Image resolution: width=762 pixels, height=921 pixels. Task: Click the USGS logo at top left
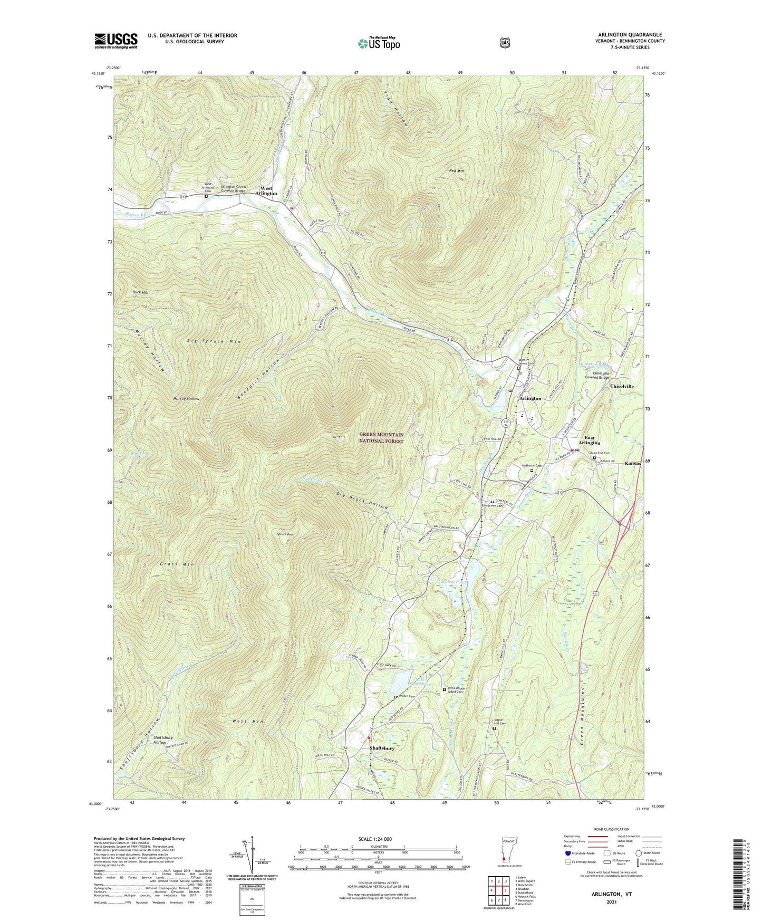point(116,41)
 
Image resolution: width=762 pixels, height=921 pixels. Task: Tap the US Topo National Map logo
point(378,43)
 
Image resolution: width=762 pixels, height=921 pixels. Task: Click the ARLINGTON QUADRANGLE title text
point(630,35)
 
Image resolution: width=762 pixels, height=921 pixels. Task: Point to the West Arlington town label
point(266,191)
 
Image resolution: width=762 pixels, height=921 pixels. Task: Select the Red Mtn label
point(457,171)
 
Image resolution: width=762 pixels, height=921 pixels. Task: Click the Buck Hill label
point(140,292)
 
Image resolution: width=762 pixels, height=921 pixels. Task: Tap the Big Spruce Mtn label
point(214,342)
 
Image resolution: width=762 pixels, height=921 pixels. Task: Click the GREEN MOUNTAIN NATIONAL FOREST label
point(381,438)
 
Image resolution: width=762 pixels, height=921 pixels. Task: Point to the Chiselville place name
point(622,386)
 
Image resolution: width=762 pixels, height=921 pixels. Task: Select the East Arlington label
point(589,440)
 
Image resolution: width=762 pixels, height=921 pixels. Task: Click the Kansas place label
point(633,463)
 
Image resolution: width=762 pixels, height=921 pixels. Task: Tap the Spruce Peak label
point(285,534)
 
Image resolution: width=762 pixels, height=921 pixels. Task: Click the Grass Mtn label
point(177,564)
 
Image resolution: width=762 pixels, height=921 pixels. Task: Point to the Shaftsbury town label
point(382,748)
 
